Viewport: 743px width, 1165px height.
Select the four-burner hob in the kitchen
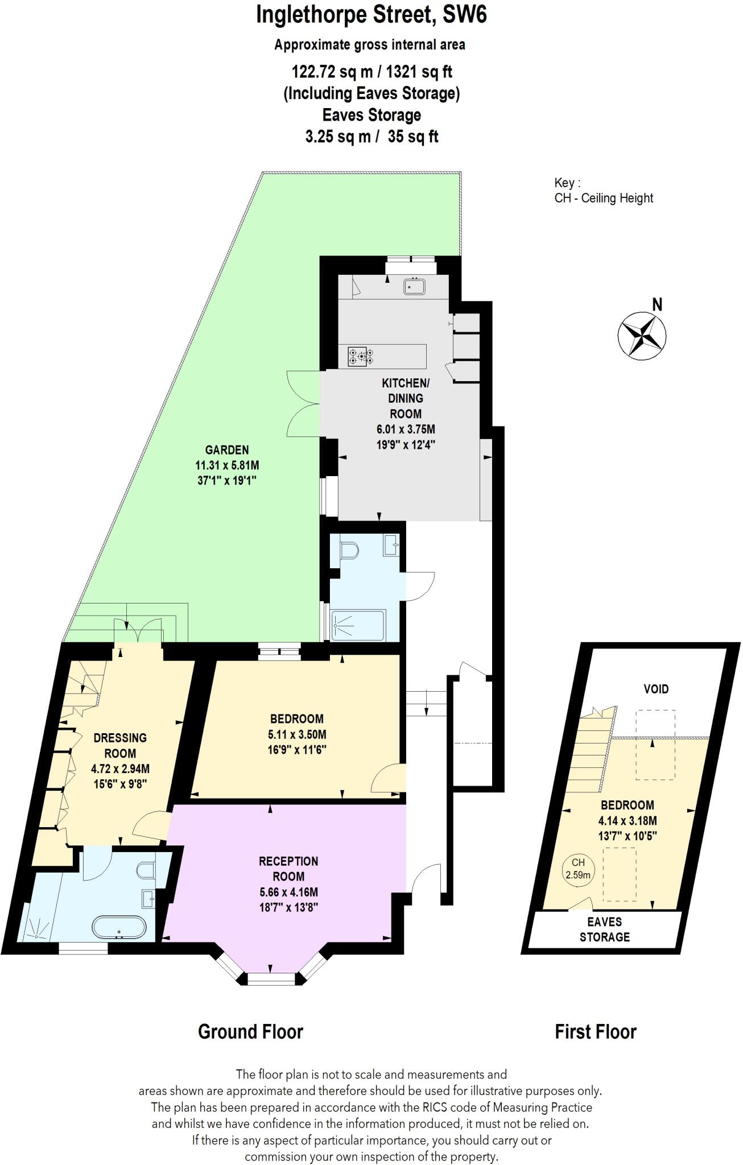coord(361,357)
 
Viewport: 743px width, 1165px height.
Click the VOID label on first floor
coord(655,689)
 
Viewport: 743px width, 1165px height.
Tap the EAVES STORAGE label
coord(604,929)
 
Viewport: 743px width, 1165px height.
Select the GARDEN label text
coord(227,449)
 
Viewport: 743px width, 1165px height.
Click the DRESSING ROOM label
coord(120,745)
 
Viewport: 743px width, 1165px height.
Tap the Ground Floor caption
coord(250,1031)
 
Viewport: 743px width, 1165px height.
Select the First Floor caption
coord(595,1031)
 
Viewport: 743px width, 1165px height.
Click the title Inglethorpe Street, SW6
coord(371,15)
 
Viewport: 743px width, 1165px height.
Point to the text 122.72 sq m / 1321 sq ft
coord(371,72)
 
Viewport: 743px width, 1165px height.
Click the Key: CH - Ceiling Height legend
coord(603,191)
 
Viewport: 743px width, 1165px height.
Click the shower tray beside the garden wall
coord(358,625)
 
